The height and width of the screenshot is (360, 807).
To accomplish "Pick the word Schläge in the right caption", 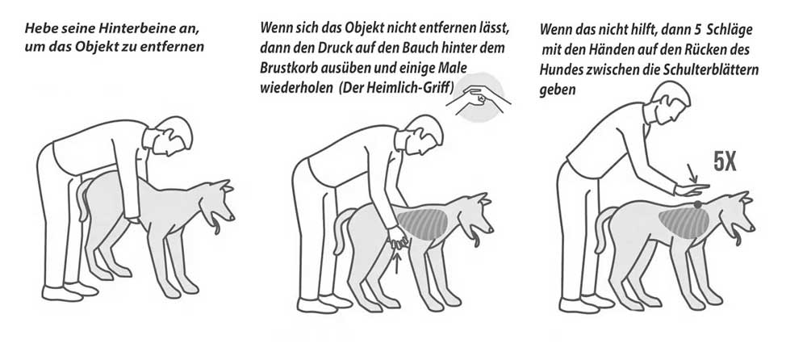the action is [x=730, y=30].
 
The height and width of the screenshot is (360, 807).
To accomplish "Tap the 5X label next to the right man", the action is [x=724, y=161].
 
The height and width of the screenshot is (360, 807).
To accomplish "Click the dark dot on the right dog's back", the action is [x=697, y=204].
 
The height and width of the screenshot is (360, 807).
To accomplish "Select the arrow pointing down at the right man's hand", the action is [x=692, y=173].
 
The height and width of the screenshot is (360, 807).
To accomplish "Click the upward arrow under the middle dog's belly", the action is [x=396, y=262].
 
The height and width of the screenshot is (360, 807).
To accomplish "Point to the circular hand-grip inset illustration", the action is [x=479, y=98].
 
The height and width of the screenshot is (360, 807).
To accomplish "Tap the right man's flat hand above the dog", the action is [x=692, y=190].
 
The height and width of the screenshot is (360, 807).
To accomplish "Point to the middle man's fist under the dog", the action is [x=397, y=237].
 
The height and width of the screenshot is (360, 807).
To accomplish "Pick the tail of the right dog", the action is [x=603, y=229].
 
